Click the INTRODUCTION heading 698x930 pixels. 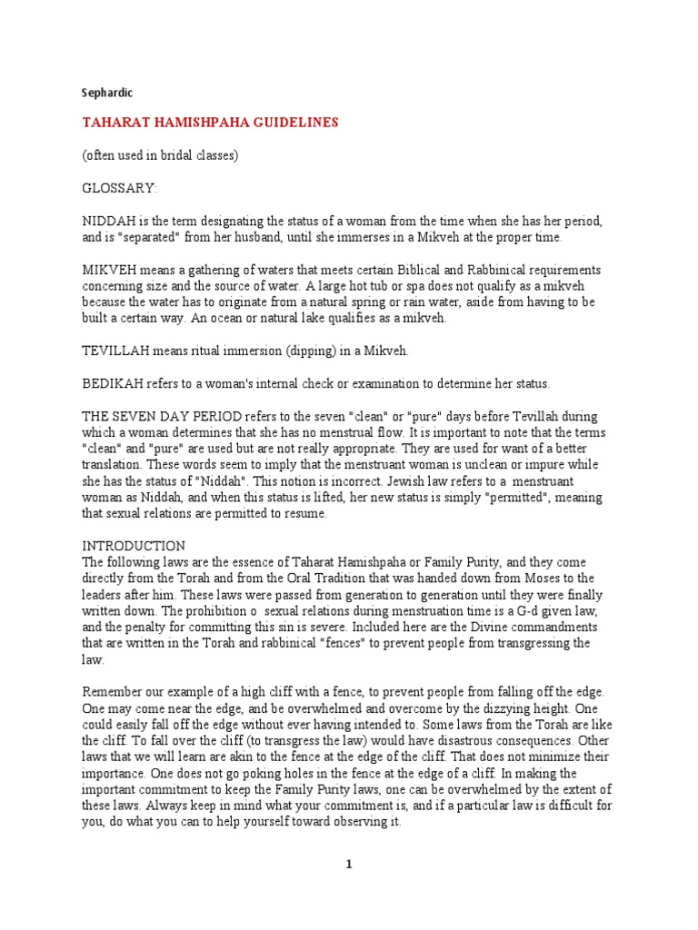(134, 546)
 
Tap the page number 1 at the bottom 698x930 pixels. (349, 864)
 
